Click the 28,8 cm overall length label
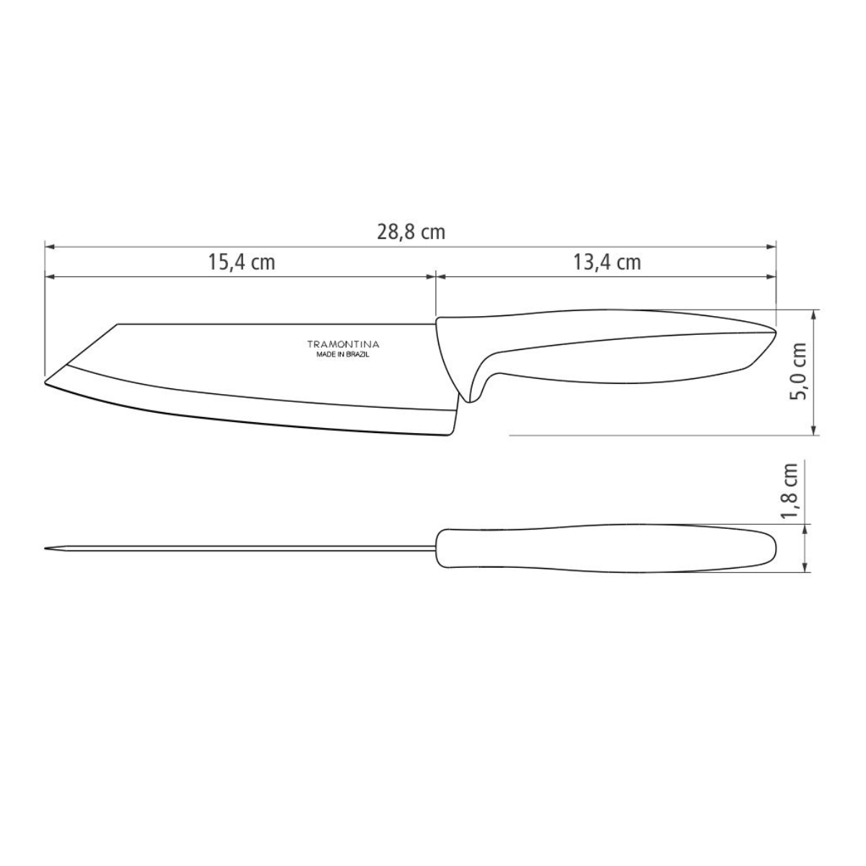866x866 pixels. coord(411,232)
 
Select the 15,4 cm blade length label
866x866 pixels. coord(242,262)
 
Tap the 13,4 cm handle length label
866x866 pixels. coord(606,262)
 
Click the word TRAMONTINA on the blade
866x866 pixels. coord(344,345)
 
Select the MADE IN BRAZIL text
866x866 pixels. coord(344,355)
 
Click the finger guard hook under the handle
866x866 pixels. coord(471,395)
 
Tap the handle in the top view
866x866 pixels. coord(606,549)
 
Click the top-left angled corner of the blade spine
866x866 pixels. coord(118,325)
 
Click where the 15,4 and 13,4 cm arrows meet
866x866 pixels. coord(435,276)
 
